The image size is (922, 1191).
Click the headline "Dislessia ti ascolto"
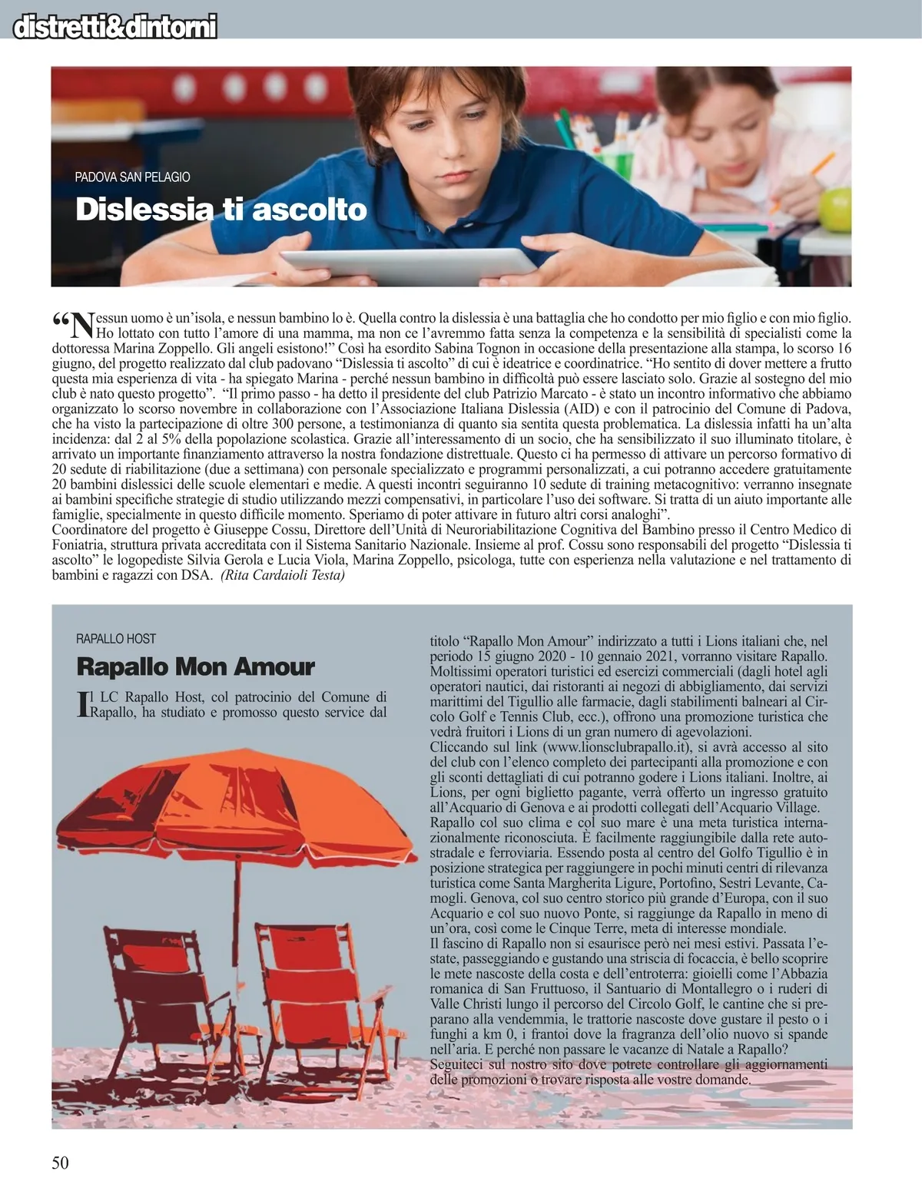(221, 210)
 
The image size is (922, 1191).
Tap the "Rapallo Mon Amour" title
(195, 667)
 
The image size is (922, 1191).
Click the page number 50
(60, 1163)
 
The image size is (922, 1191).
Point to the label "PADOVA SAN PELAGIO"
(132, 177)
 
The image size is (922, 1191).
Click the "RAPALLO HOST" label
(116, 639)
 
